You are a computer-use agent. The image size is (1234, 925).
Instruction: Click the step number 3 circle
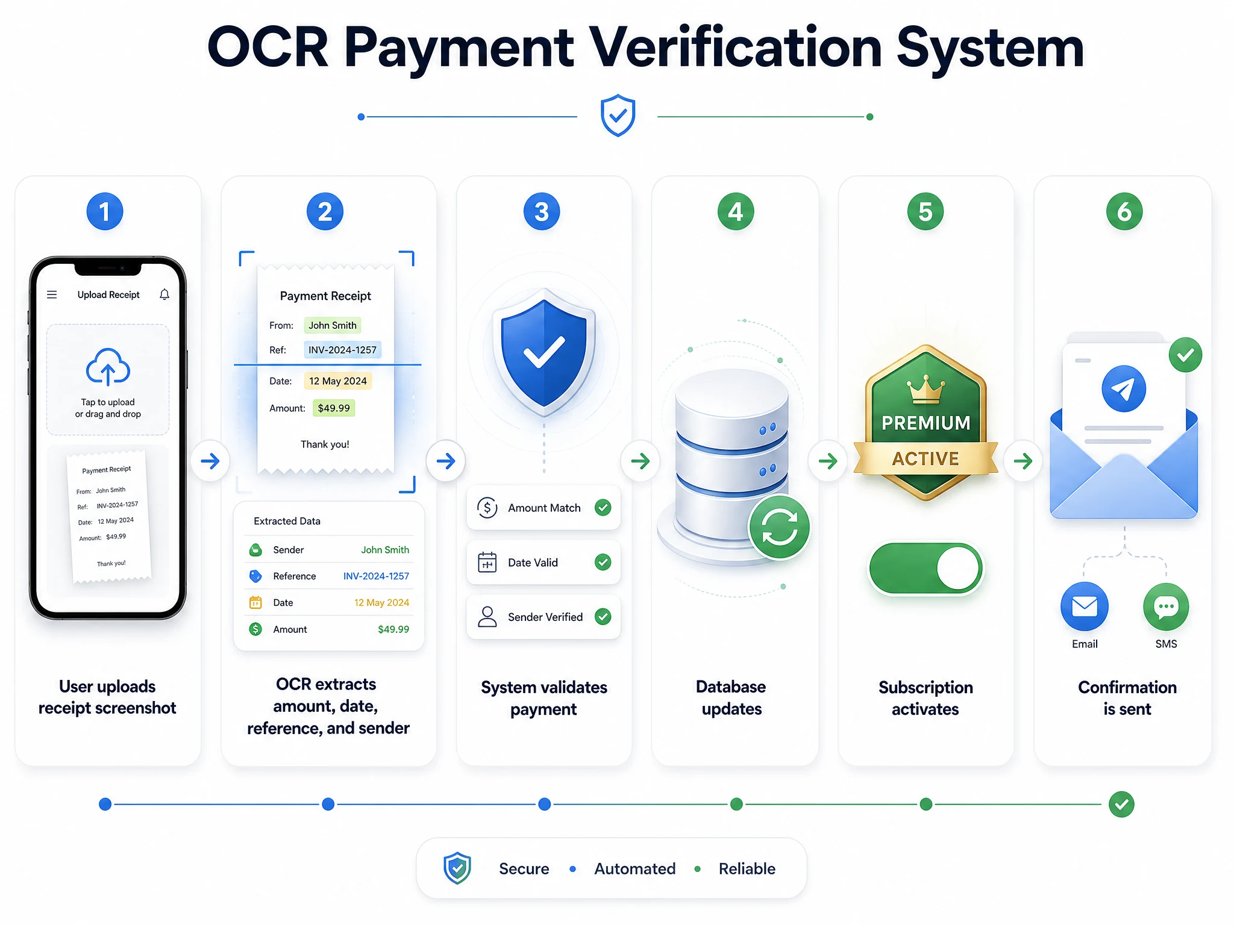[542, 211]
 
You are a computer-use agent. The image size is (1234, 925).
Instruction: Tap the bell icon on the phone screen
[164, 294]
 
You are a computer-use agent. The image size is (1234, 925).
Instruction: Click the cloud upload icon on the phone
[108, 367]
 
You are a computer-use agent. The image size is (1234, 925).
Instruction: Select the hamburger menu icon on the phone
[52, 294]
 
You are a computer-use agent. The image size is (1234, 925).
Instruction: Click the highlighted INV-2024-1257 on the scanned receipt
[342, 350]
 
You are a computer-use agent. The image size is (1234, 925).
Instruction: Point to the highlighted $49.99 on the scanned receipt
[334, 408]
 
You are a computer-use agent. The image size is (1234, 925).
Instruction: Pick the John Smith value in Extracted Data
[385, 550]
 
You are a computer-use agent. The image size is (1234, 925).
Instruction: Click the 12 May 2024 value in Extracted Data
[381, 603]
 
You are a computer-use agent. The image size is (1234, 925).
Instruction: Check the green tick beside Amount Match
[603, 508]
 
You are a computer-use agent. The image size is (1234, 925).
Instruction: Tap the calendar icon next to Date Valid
[487, 562]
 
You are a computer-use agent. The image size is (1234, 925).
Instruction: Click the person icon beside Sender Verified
[487, 617]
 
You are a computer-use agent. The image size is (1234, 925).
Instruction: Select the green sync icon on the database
[780, 527]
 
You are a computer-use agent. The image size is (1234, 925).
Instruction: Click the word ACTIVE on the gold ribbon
[925, 459]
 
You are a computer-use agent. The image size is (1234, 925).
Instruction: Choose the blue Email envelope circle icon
[1085, 606]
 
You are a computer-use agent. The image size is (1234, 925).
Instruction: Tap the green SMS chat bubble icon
[1166, 606]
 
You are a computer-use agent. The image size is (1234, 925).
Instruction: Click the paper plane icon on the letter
[1124, 389]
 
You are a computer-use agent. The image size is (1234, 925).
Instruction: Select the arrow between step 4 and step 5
[828, 461]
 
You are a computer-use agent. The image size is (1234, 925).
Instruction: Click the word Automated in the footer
[635, 868]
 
